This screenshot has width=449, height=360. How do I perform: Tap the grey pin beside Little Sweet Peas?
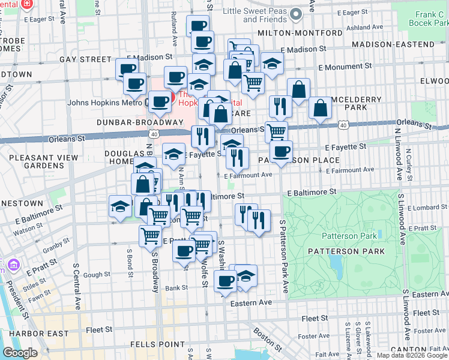[295, 14]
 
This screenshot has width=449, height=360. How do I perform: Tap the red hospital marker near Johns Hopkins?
[173, 97]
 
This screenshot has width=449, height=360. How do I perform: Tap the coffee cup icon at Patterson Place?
[280, 152]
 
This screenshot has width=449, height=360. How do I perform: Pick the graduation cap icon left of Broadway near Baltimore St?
[121, 207]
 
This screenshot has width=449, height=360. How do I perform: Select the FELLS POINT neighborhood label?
[158, 344]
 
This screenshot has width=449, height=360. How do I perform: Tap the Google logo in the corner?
[20, 353]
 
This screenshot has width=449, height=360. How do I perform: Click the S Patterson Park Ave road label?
[283, 257]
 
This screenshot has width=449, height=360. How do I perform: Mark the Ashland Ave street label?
[367, 28]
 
